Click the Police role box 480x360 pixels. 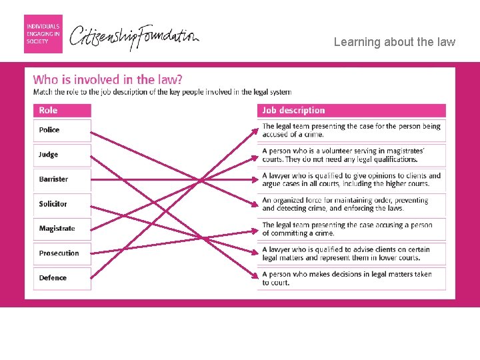(x=62, y=131)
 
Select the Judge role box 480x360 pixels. (x=62, y=155)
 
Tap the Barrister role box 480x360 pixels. (x=62, y=180)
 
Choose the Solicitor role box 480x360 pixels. (x=62, y=205)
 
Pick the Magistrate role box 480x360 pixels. (x=62, y=229)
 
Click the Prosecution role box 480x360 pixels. (x=62, y=254)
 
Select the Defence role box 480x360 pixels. (x=62, y=279)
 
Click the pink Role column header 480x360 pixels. (x=62, y=111)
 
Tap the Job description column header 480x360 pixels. (x=351, y=111)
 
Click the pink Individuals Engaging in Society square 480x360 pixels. (x=43, y=34)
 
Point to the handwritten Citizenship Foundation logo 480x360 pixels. (x=134, y=37)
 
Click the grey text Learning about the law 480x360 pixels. (x=394, y=42)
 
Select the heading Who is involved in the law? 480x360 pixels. (x=107, y=79)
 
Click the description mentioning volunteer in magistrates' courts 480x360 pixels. (x=351, y=155)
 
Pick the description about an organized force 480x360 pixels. (x=351, y=205)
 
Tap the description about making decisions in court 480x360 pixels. (x=351, y=279)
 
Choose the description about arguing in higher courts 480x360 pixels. (x=351, y=180)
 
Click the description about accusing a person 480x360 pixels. (x=351, y=229)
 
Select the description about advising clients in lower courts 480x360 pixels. (x=351, y=254)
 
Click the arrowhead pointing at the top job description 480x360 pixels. (x=255, y=132)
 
